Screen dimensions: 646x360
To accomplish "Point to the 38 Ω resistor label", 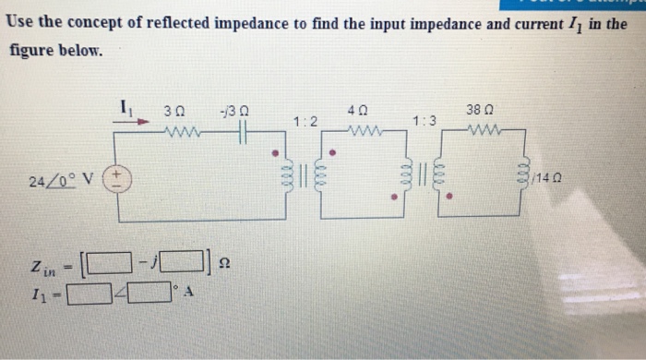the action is [x=477, y=109].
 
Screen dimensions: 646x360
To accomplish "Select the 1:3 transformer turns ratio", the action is [x=425, y=121].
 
